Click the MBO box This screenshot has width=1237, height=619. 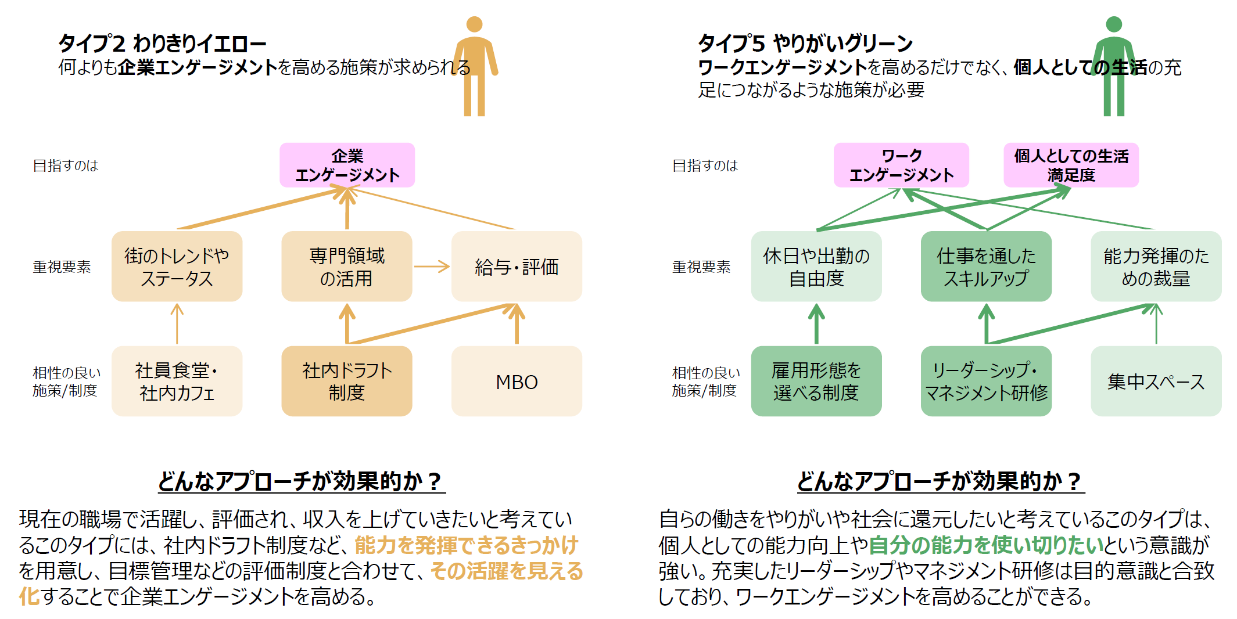(x=517, y=382)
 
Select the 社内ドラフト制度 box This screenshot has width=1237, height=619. (x=347, y=382)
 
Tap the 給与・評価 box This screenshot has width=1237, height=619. (x=517, y=267)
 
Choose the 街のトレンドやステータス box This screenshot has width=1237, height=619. (x=177, y=267)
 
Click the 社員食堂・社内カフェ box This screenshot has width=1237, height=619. (x=177, y=382)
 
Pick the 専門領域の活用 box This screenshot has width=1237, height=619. (x=347, y=267)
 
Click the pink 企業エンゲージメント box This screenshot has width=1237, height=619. (x=347, y=165)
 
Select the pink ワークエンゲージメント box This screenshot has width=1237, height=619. (x=901, y=165)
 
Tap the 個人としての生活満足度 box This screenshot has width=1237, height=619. (x=1071, y=165)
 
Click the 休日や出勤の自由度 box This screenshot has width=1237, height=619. (x=816, y=267)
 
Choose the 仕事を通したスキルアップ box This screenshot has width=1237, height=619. (x=986, y=267)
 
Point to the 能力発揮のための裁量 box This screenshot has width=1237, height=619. (x=1156, y=267)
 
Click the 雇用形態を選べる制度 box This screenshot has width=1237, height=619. (x=816, y=382)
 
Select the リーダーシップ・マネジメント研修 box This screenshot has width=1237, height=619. (x=986, y=382)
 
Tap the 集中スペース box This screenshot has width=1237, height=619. (x=1156, y=382)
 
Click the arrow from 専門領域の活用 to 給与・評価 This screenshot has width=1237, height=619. (x=432, y=267)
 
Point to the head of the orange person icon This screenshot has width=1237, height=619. (x=475, y=24)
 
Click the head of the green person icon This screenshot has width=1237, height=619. (x=1114, y=24)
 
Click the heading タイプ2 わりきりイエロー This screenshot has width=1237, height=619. (x=162, y=44)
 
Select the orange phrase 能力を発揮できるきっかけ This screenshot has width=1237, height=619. (x=466, y=545)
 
